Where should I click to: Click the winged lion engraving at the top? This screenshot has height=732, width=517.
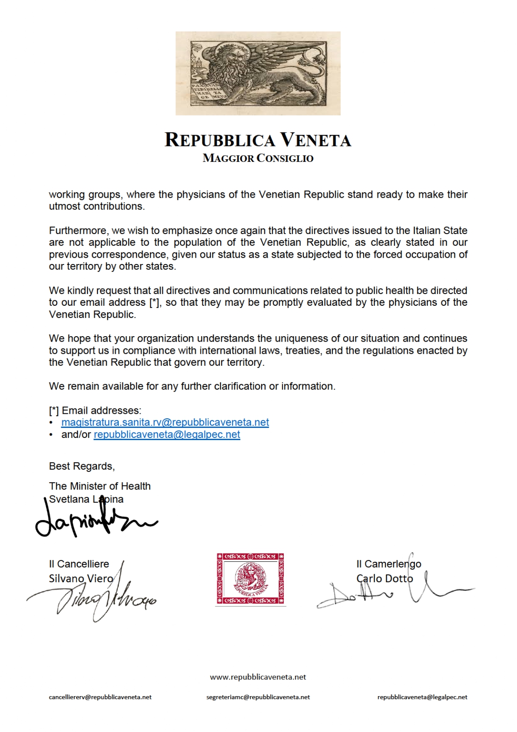coord(258,73)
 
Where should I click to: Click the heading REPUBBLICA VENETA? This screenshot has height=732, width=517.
coord(258,140)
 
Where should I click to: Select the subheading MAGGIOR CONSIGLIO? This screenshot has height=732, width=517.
coord(258,158)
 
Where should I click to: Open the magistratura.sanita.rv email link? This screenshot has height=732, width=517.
coord(165,423)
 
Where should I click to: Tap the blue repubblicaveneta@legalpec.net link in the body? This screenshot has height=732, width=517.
coord(167,435)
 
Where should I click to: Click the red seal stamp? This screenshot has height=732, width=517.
coord(250,579)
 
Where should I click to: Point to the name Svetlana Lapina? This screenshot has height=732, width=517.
coord(86,499)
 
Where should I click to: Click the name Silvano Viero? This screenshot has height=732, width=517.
coord(81,579)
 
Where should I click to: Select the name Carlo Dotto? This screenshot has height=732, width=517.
coord(385,579)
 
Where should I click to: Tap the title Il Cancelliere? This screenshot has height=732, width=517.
coord(79,564)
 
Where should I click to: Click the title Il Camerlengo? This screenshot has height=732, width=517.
coord(389,564)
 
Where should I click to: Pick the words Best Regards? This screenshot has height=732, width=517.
coord(82,466)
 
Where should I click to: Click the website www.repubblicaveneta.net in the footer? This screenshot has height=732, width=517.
coord(258,677)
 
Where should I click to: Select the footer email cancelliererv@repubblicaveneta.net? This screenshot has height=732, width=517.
coord(100,697)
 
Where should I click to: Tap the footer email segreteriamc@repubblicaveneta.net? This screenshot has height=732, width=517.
coord(258,697)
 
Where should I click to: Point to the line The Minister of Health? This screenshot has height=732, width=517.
coord(100,486)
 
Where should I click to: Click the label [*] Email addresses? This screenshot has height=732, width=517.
coord(95,410)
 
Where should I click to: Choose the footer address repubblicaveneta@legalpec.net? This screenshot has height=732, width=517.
coord(422,697)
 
